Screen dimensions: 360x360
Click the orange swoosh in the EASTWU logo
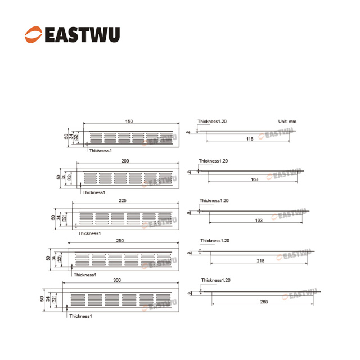(x=33, y=34)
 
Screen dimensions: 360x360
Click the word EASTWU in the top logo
(x=82, y=35)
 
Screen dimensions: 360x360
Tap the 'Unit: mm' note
(x=287, y=121)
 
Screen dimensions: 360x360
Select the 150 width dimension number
(x=129, y=121)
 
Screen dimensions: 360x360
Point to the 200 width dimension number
(x=125, y=161)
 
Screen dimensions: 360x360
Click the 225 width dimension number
(x=123, y=200)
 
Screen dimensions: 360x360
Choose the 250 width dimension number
(x=120, y=241)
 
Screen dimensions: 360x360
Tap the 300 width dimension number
(x=117, y=280)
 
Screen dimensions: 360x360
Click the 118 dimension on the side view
(x=250, y=139)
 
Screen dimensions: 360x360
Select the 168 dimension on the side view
(x=254, y=179)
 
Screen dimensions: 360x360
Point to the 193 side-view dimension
(x=259, y=220)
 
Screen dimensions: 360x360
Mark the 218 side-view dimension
(x=260, y=261)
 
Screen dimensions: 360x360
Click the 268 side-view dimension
(x=264, y=301)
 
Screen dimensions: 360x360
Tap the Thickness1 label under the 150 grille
(x=101, y=151)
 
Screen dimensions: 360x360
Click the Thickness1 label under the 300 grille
(x=80, y=316)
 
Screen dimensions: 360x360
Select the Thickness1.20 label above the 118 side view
(x=212, y=121)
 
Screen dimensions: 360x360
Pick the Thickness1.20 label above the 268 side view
(x=216, y=280)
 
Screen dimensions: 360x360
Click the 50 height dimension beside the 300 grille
(x=42, y=299)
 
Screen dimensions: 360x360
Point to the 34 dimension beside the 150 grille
(x=71, y=136)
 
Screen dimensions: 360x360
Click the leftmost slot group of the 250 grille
(x=83, y=259)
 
